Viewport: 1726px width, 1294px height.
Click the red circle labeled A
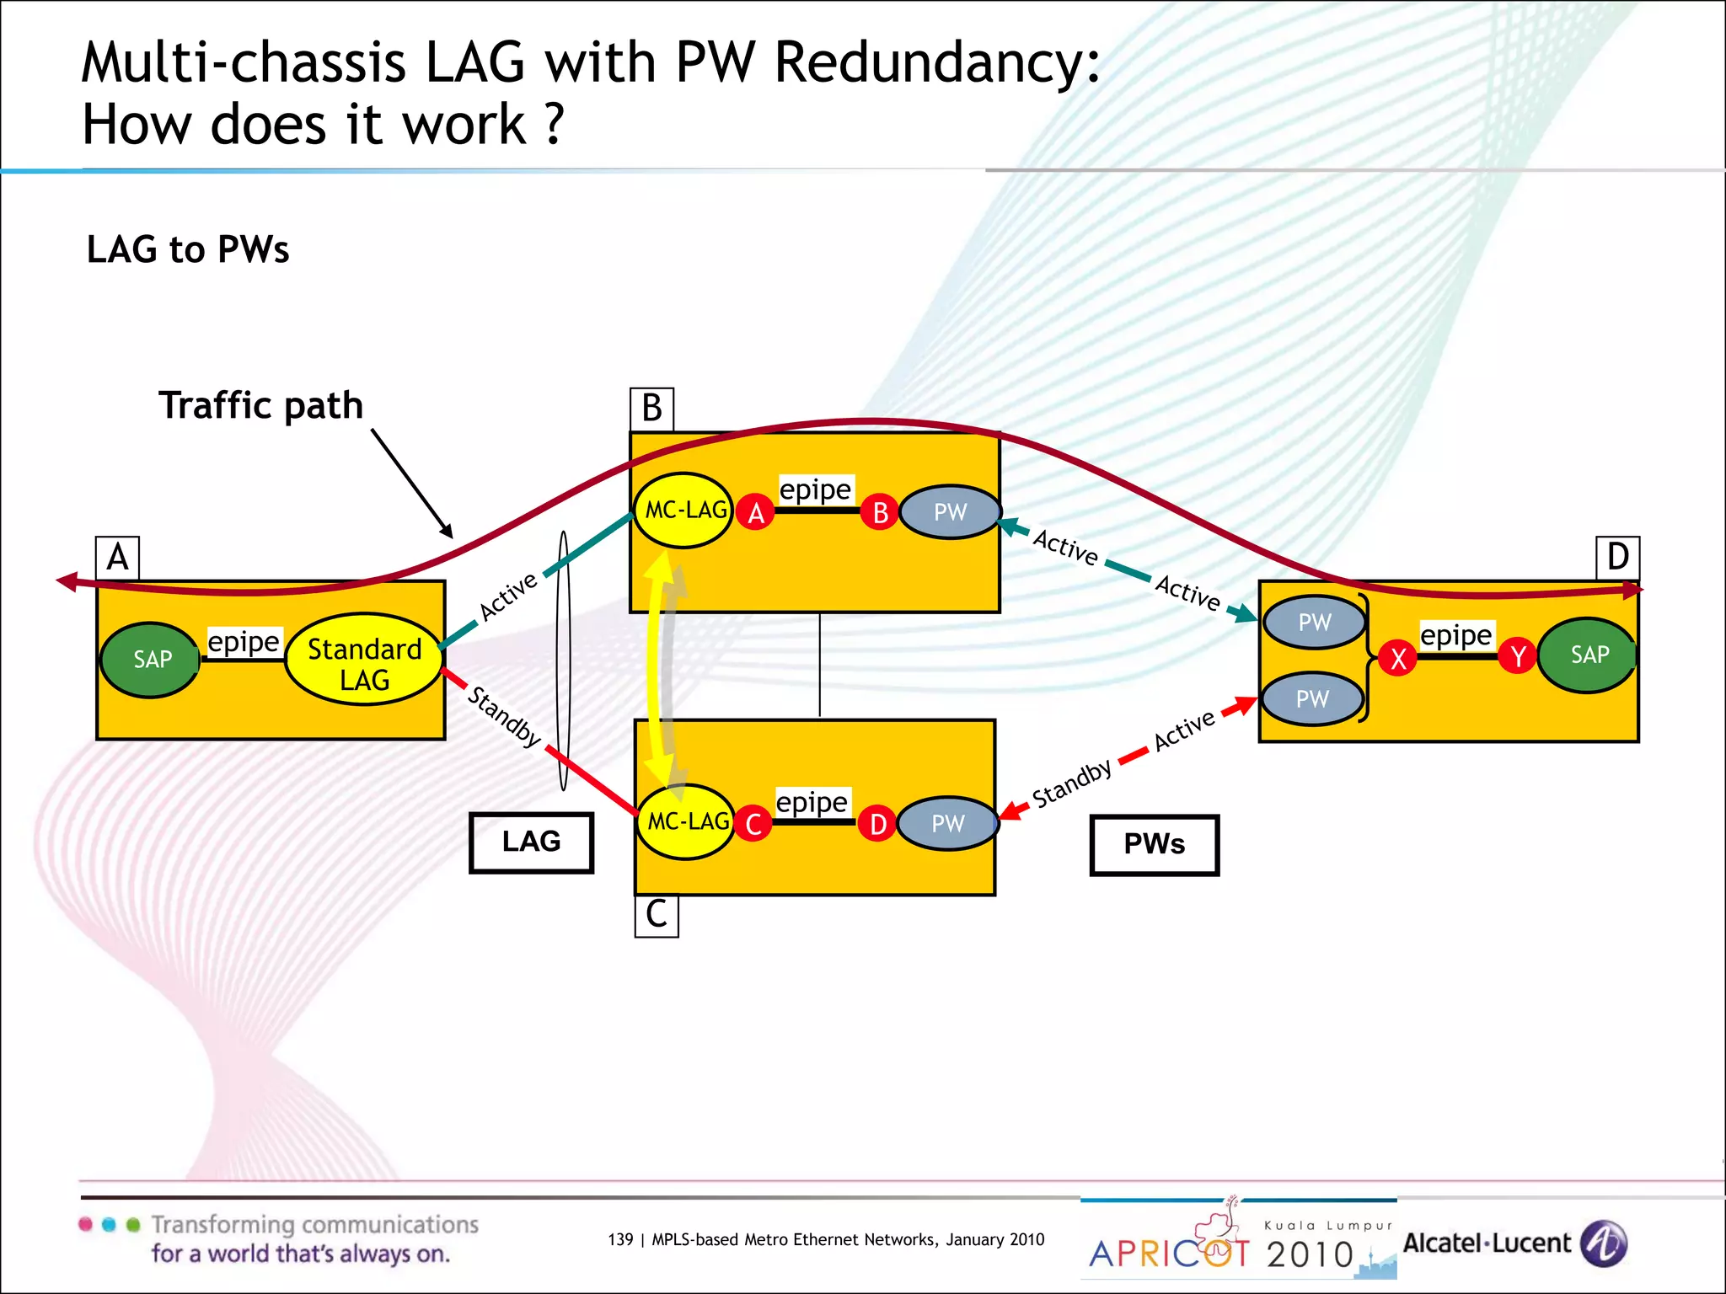(755, 512)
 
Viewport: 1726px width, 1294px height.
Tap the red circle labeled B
(880, 512)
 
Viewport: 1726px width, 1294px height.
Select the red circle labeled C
(753, 824)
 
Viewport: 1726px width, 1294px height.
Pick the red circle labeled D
(877, 824)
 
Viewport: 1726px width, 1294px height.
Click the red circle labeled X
(1398, 658)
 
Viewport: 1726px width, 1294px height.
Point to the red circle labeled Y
(1519, 655)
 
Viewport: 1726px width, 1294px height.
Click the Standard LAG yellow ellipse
(364, 660)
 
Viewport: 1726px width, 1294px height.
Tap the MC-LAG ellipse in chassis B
(683, 511)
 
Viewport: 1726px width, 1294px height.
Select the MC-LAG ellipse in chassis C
(685, 821)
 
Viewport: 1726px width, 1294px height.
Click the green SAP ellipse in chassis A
(151, 660)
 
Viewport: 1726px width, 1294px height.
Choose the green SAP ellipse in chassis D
(1588, 655)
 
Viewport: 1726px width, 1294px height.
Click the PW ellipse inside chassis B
(950, 512)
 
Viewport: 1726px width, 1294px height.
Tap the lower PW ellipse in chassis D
(1312, 698)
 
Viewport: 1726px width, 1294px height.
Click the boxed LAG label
(531, 842)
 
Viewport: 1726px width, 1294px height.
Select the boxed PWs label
(1154, 844)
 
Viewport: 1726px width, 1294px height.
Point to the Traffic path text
(260, 405)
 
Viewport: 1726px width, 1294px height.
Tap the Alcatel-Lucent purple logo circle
(1604, 1243)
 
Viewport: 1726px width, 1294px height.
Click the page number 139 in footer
(619, 1239)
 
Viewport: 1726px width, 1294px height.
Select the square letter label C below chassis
(656, 916)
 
